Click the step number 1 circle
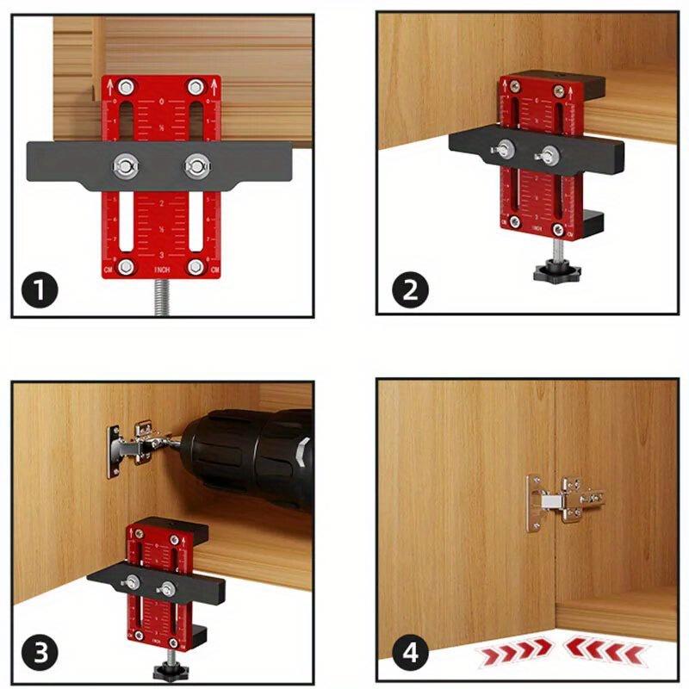[40, 289]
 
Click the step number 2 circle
[410, 289]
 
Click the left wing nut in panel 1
[126, 164]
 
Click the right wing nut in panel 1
[197, 164]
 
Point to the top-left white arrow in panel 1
[110, 86]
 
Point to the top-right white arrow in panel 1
[212, 86]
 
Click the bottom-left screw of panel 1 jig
[126, 266]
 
